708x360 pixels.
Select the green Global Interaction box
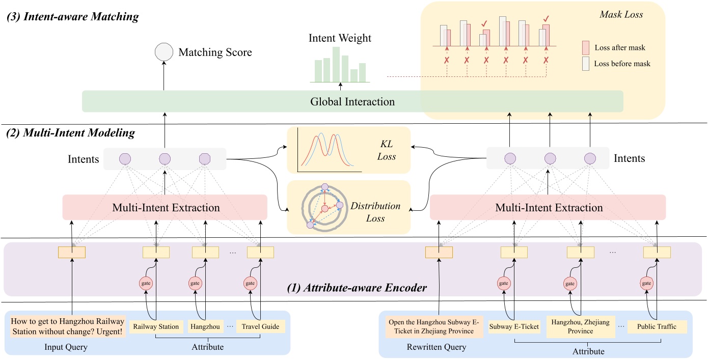(x=352, y=101)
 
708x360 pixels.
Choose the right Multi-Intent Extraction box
(x=548, y=208)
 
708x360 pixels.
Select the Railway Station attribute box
(x=156, y=326)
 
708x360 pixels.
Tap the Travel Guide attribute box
(x=260, y=326)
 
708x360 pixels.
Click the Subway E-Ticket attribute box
(x=514, y=326)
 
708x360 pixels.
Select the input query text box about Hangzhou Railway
(x=67, y=326)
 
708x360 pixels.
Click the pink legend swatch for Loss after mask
(x=585, y=48)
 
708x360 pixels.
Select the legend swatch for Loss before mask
(x=585, y=64)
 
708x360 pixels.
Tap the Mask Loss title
(x=621, y=15)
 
